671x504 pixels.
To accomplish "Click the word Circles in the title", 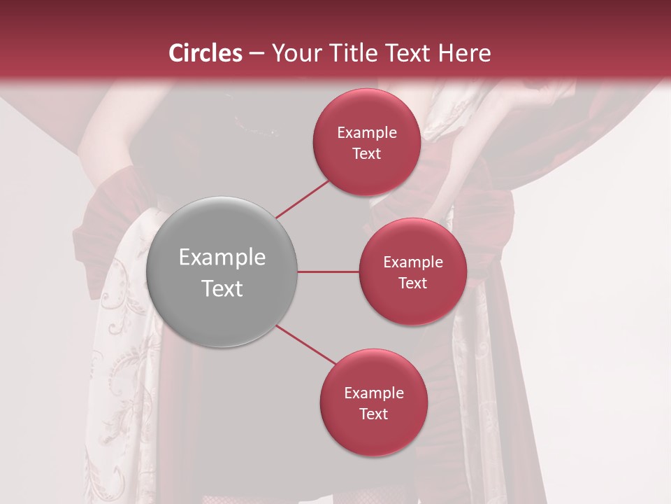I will click(x=205, y=53).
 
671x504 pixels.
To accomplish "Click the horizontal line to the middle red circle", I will click(x=328, y=272).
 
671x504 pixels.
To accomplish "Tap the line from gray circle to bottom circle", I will click(x=306, y=344).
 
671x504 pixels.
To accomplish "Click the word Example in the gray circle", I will click(x=222, y=258).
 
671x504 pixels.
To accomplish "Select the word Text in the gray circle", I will click(x=222, y=288).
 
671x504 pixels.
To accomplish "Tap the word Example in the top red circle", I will click(x=366, y=133).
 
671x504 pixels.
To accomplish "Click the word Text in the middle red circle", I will click(x=412, y=283).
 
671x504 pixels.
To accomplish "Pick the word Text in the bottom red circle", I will click(x=373, y=414).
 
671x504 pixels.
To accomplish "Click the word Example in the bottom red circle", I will click(x=373, y=393).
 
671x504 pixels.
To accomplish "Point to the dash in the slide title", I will click(x=257, y=54).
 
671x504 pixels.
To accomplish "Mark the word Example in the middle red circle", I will click(x=412, y=262).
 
